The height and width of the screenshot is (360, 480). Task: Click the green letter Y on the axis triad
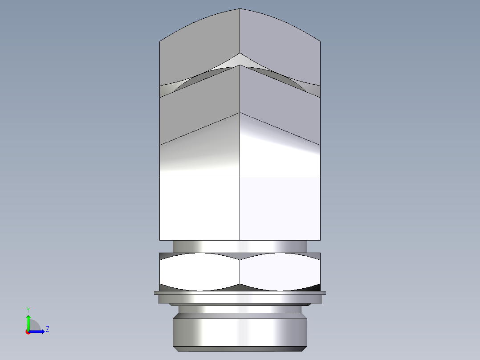pyautogui.click(x=28, y=309)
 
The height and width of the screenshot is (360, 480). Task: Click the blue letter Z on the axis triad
pyautogui.click(x=47, y=329)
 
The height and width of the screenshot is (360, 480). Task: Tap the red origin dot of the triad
pyautogui.click(x=28, y=331)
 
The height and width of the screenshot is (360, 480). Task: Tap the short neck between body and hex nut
pyautogui.click(x=240, y=246)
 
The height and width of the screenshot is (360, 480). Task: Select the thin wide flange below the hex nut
pyautogui.click(x=240, y=293)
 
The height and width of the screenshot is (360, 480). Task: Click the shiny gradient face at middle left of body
pyautogui.click(x=199, y=156)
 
